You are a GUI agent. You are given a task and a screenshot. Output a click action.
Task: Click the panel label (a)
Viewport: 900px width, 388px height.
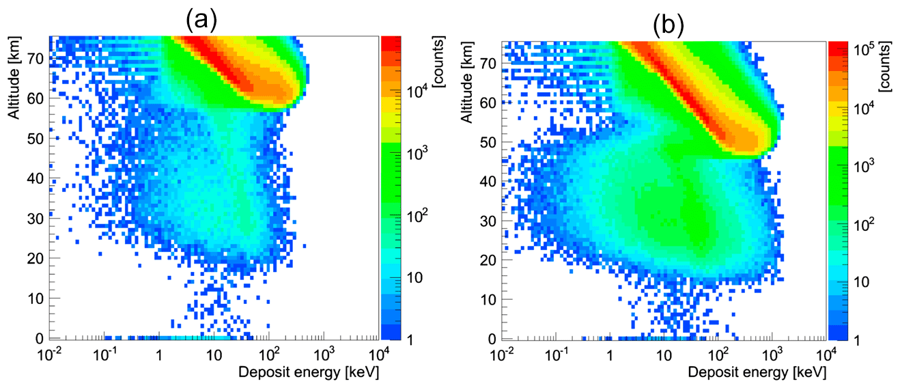click(201, 21)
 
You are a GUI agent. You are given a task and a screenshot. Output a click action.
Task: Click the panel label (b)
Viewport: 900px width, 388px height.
click(668, 25)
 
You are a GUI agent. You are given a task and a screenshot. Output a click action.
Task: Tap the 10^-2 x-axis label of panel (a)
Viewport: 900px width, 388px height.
click(48, 355)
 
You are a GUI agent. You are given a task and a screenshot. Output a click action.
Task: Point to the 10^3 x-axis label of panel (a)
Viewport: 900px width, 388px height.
click(324, 355)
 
